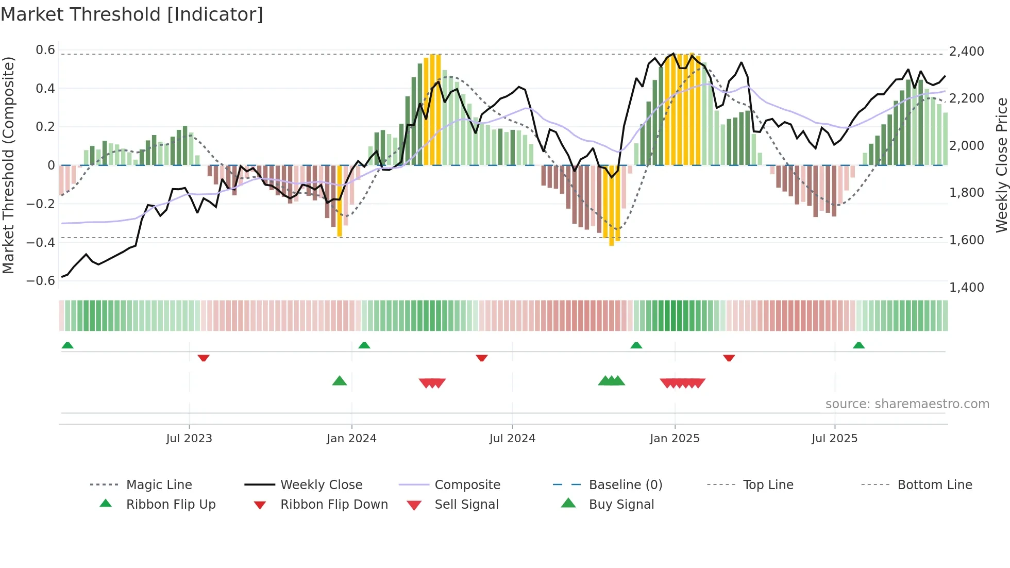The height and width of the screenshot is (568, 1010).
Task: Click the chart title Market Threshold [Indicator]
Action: pos(132,14)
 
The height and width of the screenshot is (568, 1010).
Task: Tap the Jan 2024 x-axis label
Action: pos(351,439)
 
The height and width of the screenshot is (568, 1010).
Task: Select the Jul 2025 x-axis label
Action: pos(834,439)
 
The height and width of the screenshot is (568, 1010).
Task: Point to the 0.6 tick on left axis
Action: pos(45,50)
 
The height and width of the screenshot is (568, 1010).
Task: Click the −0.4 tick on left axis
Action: pos(41,242)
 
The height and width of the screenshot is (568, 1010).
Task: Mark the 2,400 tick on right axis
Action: pos(966,52)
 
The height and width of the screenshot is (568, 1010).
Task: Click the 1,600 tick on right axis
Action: pos(966,240)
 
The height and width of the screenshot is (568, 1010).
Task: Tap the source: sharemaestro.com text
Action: pos(907,404)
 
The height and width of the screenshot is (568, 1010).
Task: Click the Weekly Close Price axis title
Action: pos(1001,165)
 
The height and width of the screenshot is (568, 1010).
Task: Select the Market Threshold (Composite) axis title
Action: pos(8,165)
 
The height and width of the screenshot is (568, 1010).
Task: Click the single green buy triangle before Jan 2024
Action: pos(340,381)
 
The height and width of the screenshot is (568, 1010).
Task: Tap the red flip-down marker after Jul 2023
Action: pos(204,358)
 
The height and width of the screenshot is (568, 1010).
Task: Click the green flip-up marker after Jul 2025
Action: pos(858,345)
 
